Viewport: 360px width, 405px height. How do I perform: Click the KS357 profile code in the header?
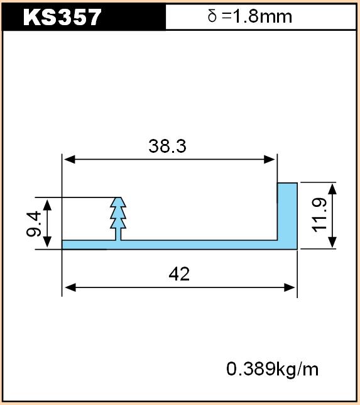[62, 17]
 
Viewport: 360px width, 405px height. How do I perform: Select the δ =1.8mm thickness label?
[249, 17]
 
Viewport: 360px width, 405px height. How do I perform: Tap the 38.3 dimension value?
[167, 146]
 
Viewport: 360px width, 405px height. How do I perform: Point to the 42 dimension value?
[179, 274]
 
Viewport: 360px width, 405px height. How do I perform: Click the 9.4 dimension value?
[34, 224]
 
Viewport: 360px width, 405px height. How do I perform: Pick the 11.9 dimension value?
[319, 215]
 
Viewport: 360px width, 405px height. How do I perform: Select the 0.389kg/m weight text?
[272, 369]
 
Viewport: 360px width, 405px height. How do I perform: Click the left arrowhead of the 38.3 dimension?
[69, 160]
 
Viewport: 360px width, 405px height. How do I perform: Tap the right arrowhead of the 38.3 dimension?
[270, 160]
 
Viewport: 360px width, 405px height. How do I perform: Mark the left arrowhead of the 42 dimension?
[70, 287]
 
